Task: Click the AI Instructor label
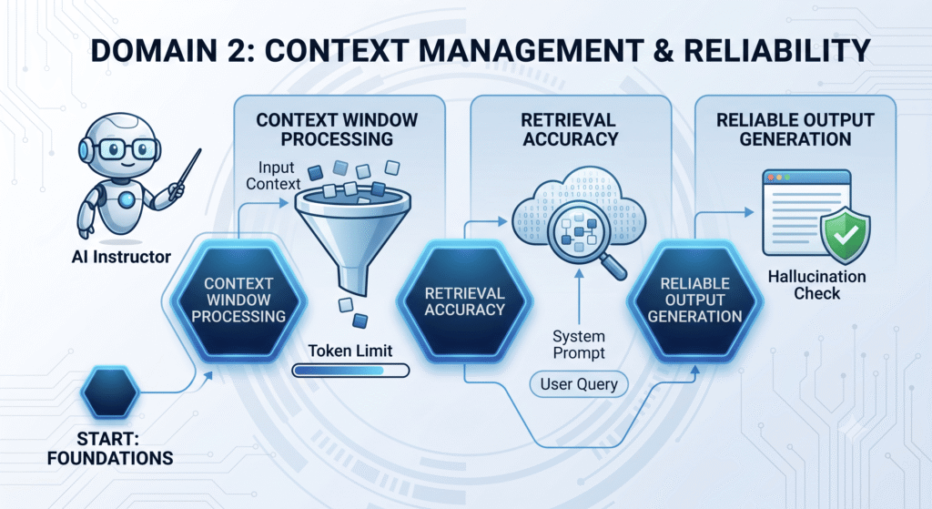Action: (121, 257)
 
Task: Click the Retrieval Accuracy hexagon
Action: (464, 300)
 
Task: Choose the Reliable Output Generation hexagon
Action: (694, 300)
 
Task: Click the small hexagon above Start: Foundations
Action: (110, 392)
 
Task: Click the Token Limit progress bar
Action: (350, 371)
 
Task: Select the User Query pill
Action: (578, 384)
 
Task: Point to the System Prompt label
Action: (578, 344)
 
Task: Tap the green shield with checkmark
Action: (845, 236)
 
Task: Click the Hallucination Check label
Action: (816, 285)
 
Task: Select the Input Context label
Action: (273, 176)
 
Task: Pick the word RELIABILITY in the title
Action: (777, 50)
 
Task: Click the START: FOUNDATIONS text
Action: (110, 448)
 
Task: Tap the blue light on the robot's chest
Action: (126, 200)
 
